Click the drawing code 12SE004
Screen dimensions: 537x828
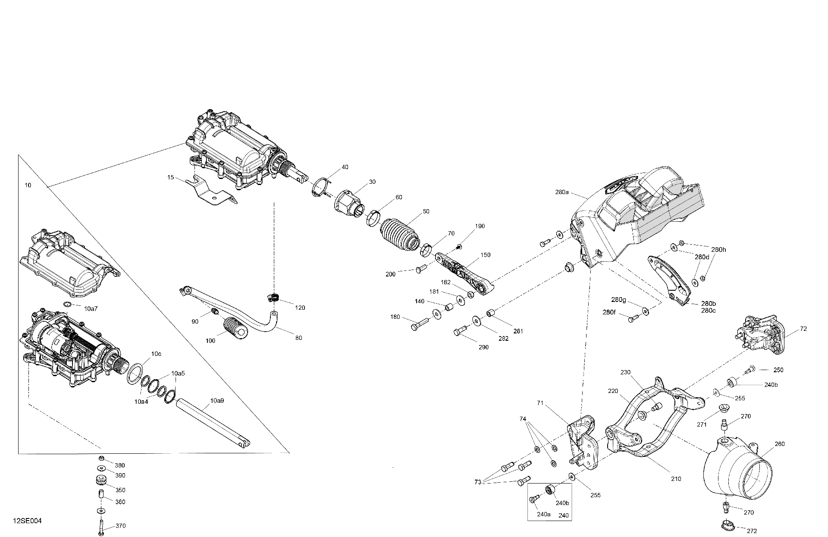click(x=27, y=521)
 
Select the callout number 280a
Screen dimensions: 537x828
click(x=562, y=192)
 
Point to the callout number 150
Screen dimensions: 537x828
click(x=485, y=255)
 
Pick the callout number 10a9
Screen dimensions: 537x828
click(x=217, y=401)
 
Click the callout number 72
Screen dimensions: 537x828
click(x=803, y=329)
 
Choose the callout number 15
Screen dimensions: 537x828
click(x=171, y=177)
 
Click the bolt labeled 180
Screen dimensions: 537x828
click(x=419, y=324)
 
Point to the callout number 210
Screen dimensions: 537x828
click(x=676, y=479)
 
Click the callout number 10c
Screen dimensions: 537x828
click(x=156, y=354)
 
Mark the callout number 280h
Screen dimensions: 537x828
click(x=718, y=249)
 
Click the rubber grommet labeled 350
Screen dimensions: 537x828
click(x=100, y=480)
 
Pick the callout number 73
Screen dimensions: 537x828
click(x=477, y=482)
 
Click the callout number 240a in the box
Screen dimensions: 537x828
click(x=544, y=514)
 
